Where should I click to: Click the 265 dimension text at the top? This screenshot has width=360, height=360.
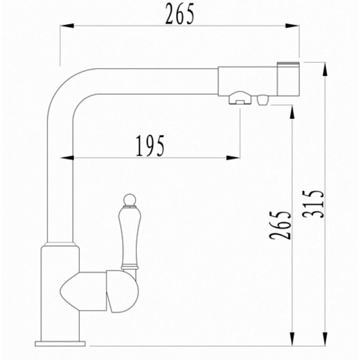coord(180,14)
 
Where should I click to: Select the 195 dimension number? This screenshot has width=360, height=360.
coord(150,146)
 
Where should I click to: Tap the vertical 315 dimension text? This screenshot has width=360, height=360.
coord(313,204)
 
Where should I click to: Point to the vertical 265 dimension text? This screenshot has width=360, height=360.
coord(280,225)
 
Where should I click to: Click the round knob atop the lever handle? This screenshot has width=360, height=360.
coord(129,200)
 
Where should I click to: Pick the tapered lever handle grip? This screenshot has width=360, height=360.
coord(129,236)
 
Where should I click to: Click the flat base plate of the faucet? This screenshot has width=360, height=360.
coord(60,344)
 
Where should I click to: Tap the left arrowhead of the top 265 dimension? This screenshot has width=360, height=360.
coord(67,26)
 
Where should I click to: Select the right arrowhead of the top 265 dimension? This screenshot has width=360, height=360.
coord(292,26)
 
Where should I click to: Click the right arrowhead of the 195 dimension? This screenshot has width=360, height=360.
coord(233,158)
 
